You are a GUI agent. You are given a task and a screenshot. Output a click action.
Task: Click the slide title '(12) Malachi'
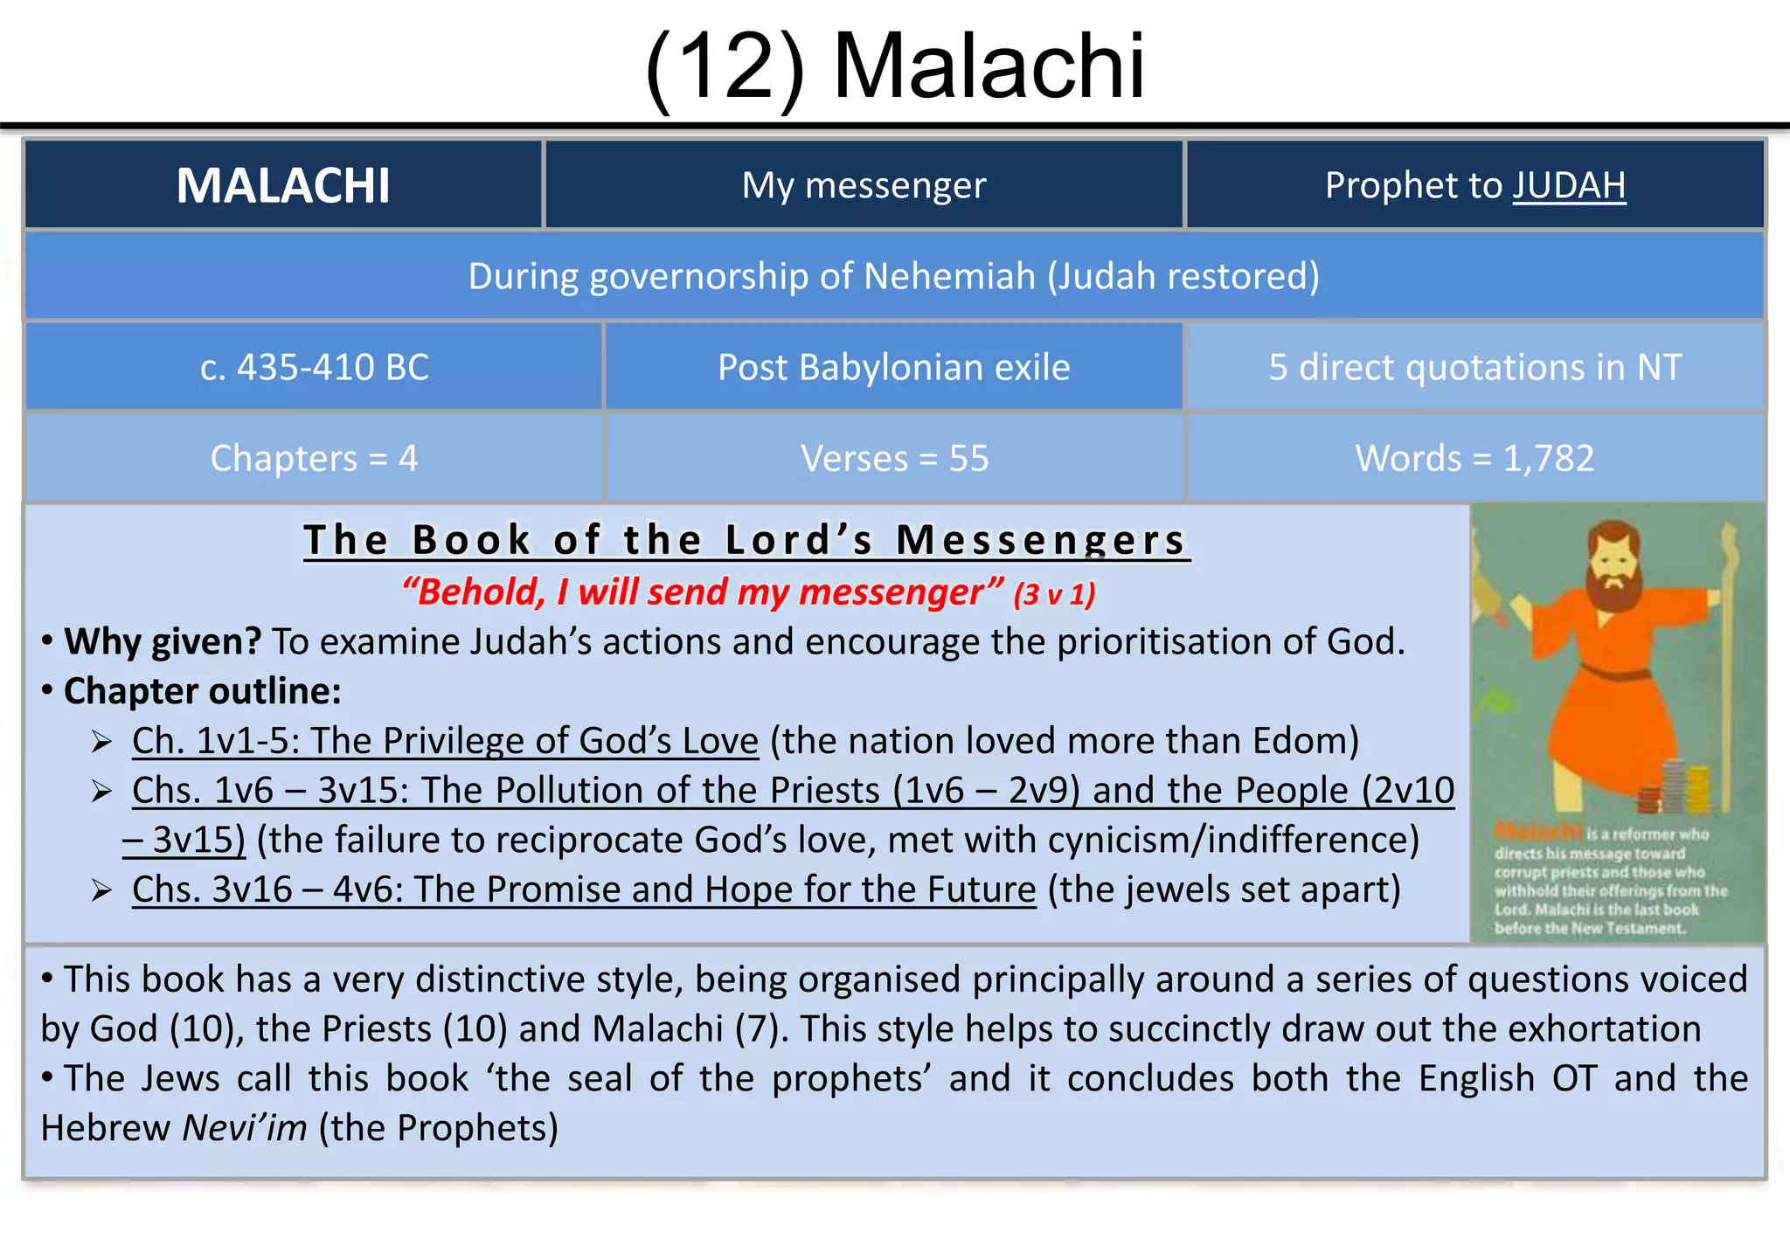[894, 66]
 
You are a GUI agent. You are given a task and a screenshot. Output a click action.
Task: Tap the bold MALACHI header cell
[283, 185]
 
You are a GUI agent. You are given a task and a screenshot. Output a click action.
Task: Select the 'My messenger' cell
[864, 185]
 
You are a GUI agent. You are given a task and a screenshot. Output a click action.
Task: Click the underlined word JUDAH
[1569, 185]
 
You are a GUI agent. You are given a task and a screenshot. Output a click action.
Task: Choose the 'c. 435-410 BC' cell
[315, 367]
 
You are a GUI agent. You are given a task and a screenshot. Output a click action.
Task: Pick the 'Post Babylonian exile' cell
[893, 367]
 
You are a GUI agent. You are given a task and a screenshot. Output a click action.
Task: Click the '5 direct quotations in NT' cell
[1474, 367]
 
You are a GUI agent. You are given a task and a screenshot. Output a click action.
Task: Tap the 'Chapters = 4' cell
[315, 458]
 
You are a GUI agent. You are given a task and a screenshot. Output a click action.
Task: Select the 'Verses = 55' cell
[894, 458]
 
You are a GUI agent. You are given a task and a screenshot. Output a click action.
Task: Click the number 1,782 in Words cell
[1548, 458]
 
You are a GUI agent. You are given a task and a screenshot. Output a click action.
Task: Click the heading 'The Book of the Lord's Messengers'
[746, 539]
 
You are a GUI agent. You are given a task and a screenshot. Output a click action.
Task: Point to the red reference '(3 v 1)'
[1054, 594]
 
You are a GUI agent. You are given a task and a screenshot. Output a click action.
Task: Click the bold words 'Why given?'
[163, 641]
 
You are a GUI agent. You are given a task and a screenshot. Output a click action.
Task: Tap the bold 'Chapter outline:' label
[202, 691]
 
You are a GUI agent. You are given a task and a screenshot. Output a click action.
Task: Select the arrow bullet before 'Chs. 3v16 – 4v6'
[102, 890]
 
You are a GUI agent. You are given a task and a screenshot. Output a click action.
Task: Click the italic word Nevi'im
[245, 1128]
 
